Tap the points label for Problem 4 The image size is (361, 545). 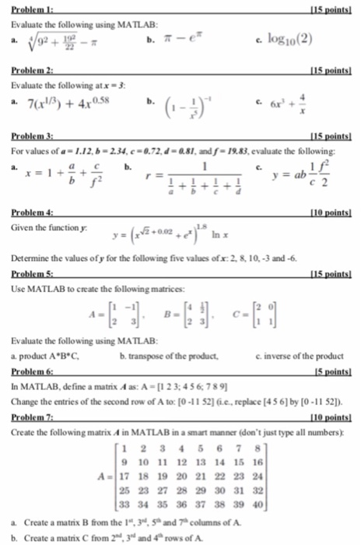tap(336, 212)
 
